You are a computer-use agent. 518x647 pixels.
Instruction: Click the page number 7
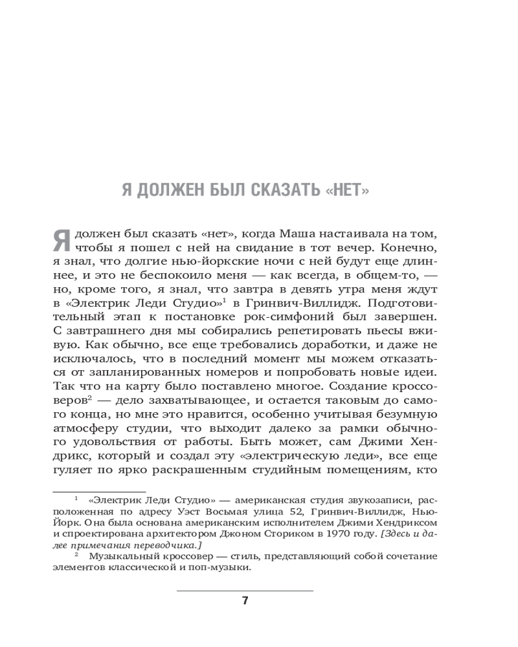[x=245, y=600]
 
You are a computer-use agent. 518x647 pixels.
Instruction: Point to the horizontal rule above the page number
[x=245, y=589]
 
